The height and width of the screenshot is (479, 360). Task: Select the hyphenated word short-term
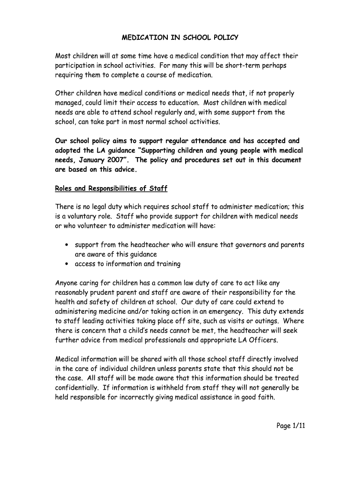[247, 65]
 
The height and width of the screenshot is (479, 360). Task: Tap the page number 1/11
[296, 426]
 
